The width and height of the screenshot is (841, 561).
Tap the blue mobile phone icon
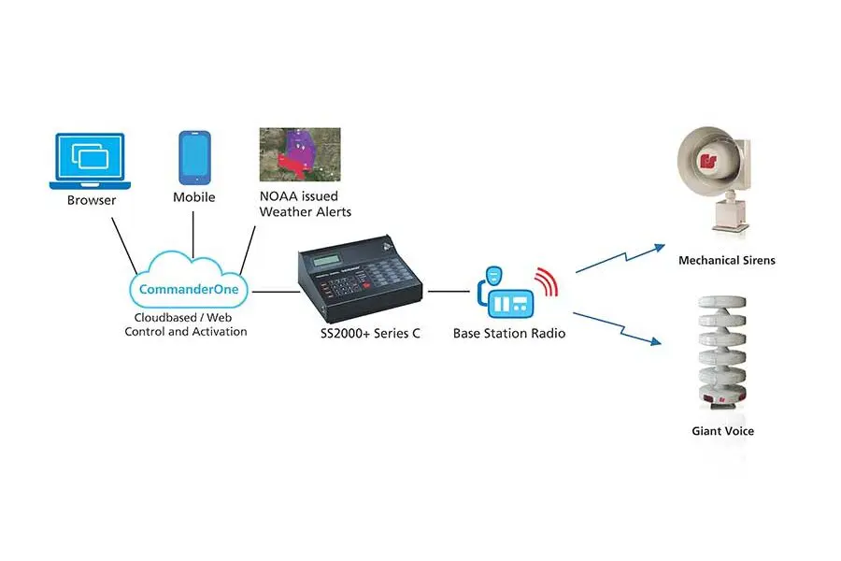point(194,158)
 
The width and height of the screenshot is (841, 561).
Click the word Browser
point(91,200)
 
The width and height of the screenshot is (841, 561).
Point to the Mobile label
point(194,197)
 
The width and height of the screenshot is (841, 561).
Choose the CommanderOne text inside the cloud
point(188,289)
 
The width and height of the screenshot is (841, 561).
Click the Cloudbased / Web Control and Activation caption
point(186,324)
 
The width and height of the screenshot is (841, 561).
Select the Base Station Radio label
point(508,333)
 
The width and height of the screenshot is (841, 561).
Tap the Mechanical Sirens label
point(726,260)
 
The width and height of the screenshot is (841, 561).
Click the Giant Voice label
point(722,431)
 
